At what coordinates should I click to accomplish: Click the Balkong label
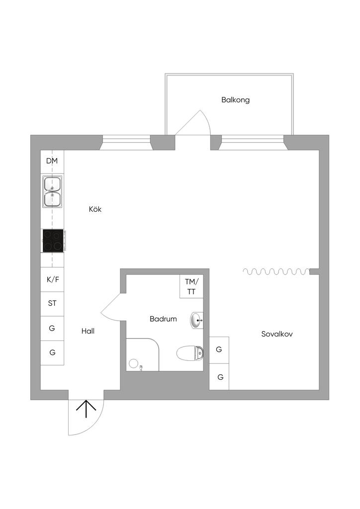[235, 100]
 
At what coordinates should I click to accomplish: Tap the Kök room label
[95, 209]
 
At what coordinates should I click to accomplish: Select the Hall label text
[88, 331]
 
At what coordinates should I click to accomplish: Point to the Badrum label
[163, 319]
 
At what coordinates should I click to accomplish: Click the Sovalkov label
[277, 334]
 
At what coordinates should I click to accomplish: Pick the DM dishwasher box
[52, 161]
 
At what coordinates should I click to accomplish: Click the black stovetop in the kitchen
[53, 241]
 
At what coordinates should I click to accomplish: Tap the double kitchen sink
[52, 191]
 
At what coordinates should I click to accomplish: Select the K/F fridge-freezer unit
[52, 279]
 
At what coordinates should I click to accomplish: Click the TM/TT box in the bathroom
[191, 287]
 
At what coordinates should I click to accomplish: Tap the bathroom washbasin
[197, 321]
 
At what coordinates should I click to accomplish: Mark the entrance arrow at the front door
[86, 409]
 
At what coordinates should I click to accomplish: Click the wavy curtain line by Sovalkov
[275, 271]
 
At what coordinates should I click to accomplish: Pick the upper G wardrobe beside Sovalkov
[219, 349]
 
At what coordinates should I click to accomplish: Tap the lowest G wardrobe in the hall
[52, 352]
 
